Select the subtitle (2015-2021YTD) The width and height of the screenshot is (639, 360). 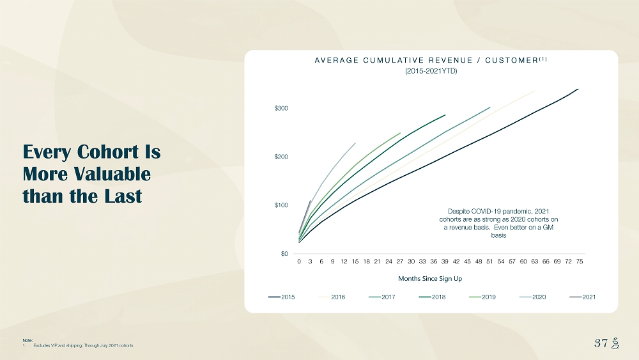point(431,71)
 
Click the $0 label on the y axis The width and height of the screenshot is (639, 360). point(284,254)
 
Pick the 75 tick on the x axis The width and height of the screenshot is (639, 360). point(579,261)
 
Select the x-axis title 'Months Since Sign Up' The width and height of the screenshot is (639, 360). point(430,279)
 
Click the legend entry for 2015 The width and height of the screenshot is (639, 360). point(282,297)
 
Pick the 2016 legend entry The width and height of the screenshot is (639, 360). point(332,297)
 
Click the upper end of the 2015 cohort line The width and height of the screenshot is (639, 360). point(578,89)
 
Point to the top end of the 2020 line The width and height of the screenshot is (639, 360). point(355,143)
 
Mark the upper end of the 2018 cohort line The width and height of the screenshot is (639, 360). point(445,115)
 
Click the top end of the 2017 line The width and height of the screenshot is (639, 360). point(489,107)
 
